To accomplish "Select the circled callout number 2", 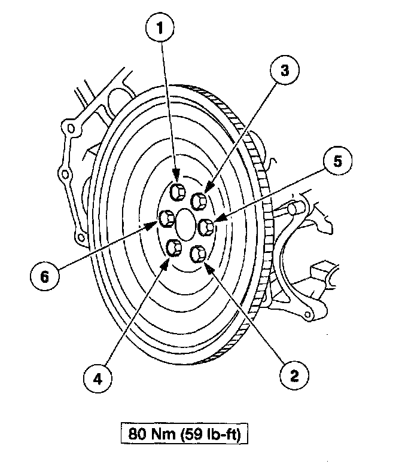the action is click(294, 375).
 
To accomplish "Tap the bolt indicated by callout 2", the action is click(198, 254).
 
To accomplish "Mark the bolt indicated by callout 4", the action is click(174, 247).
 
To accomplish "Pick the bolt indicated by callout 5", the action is click(207, 227).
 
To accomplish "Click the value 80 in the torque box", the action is click(138, 432).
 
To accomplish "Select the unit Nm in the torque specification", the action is click(164, 432).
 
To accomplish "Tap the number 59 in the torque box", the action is click(196, 432).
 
